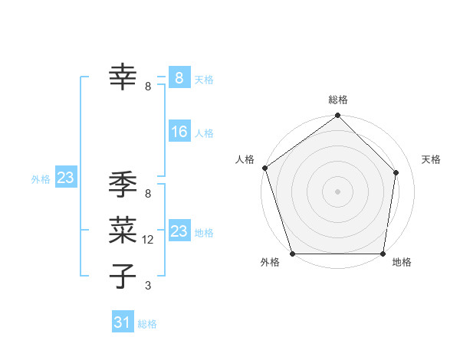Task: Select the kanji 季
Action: [123, 185]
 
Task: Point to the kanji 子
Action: [123, 275]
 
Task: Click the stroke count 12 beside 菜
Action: [149, 240]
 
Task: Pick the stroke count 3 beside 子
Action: [148, 286]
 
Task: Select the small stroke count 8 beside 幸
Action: [148, 87]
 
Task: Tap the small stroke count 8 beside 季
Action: [148, 195]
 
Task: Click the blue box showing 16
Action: [179, 132]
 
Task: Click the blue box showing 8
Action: [179, 77]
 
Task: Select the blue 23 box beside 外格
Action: [65, 178]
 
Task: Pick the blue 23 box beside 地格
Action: [179, 231]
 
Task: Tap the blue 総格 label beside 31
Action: [147, 324]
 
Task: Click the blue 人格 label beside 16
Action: [204, 133]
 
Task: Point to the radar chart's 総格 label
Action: [338, 100]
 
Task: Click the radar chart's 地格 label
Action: [402, 262]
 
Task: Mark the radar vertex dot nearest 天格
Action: [396, 172]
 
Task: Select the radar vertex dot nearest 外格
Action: [293, 253]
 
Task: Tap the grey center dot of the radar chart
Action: [337, 191]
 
